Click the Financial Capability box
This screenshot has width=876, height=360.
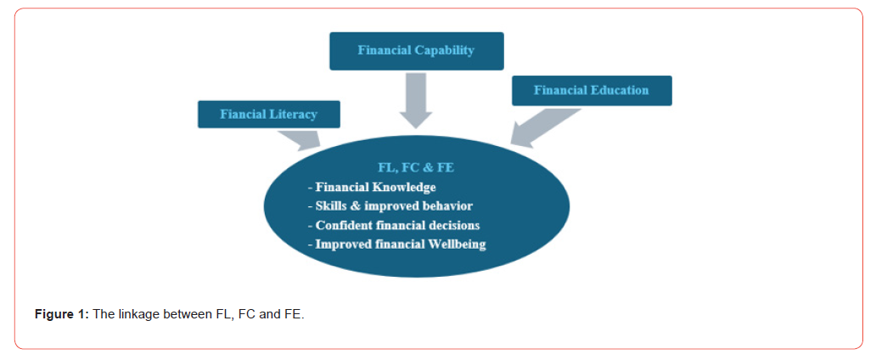417,51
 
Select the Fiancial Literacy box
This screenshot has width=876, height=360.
269,115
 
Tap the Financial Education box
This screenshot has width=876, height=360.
592,91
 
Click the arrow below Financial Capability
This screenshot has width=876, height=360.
416,101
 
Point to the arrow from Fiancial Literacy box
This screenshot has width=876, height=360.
299,140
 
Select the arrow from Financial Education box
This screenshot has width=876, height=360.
546,128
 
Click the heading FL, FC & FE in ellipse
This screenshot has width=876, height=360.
416,168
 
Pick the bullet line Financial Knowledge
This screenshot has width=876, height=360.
372,188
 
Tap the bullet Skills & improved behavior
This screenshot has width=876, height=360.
390,206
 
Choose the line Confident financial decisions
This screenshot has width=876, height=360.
394,226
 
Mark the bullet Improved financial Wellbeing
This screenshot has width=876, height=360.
396,245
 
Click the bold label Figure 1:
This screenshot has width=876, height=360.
62,314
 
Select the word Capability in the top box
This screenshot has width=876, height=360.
445,50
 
